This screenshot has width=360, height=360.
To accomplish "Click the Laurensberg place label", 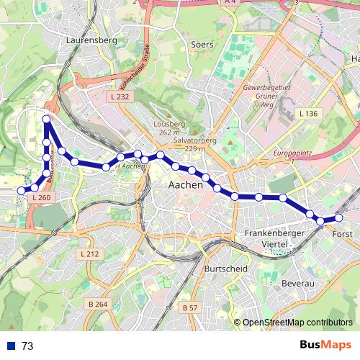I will tap(91, 41).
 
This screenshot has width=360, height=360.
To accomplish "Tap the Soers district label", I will tap(202, 45).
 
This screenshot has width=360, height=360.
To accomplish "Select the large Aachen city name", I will tap(185, 185).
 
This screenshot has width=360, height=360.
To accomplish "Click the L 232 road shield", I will tap(120, 96).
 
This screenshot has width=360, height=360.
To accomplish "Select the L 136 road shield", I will tap(307, 114).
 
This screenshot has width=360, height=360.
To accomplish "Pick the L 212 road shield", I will tap(89, 254).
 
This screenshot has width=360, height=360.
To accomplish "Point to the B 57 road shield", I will tap(189, 307).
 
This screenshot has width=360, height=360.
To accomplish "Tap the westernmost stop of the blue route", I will tap(21, 190).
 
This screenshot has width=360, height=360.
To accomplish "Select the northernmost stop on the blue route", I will tap(47, 119).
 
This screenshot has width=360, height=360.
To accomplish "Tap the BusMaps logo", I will tap(325, 345).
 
